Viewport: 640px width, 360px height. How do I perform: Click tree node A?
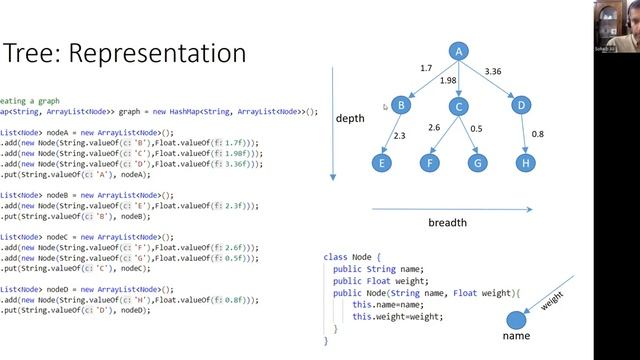coord(458,52)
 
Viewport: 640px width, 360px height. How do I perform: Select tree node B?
coord(400,105)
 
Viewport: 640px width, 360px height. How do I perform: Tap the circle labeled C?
coord(458,107)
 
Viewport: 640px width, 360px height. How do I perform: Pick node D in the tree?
coord(520,105)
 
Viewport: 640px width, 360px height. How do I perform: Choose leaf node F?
coord(430,161)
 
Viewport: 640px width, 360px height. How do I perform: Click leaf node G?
coord(477,161)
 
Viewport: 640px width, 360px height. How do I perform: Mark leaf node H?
coord(526,161)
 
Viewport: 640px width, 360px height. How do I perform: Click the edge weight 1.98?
coord(448,81)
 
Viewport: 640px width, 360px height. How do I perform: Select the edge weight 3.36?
coord(493,72)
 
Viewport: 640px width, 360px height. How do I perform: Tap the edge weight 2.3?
coord(400,135)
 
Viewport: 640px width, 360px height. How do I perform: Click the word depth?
coord(350,119)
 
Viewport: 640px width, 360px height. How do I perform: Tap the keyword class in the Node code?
coord(334,257)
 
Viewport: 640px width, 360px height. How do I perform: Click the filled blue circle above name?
coord(515,321)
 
